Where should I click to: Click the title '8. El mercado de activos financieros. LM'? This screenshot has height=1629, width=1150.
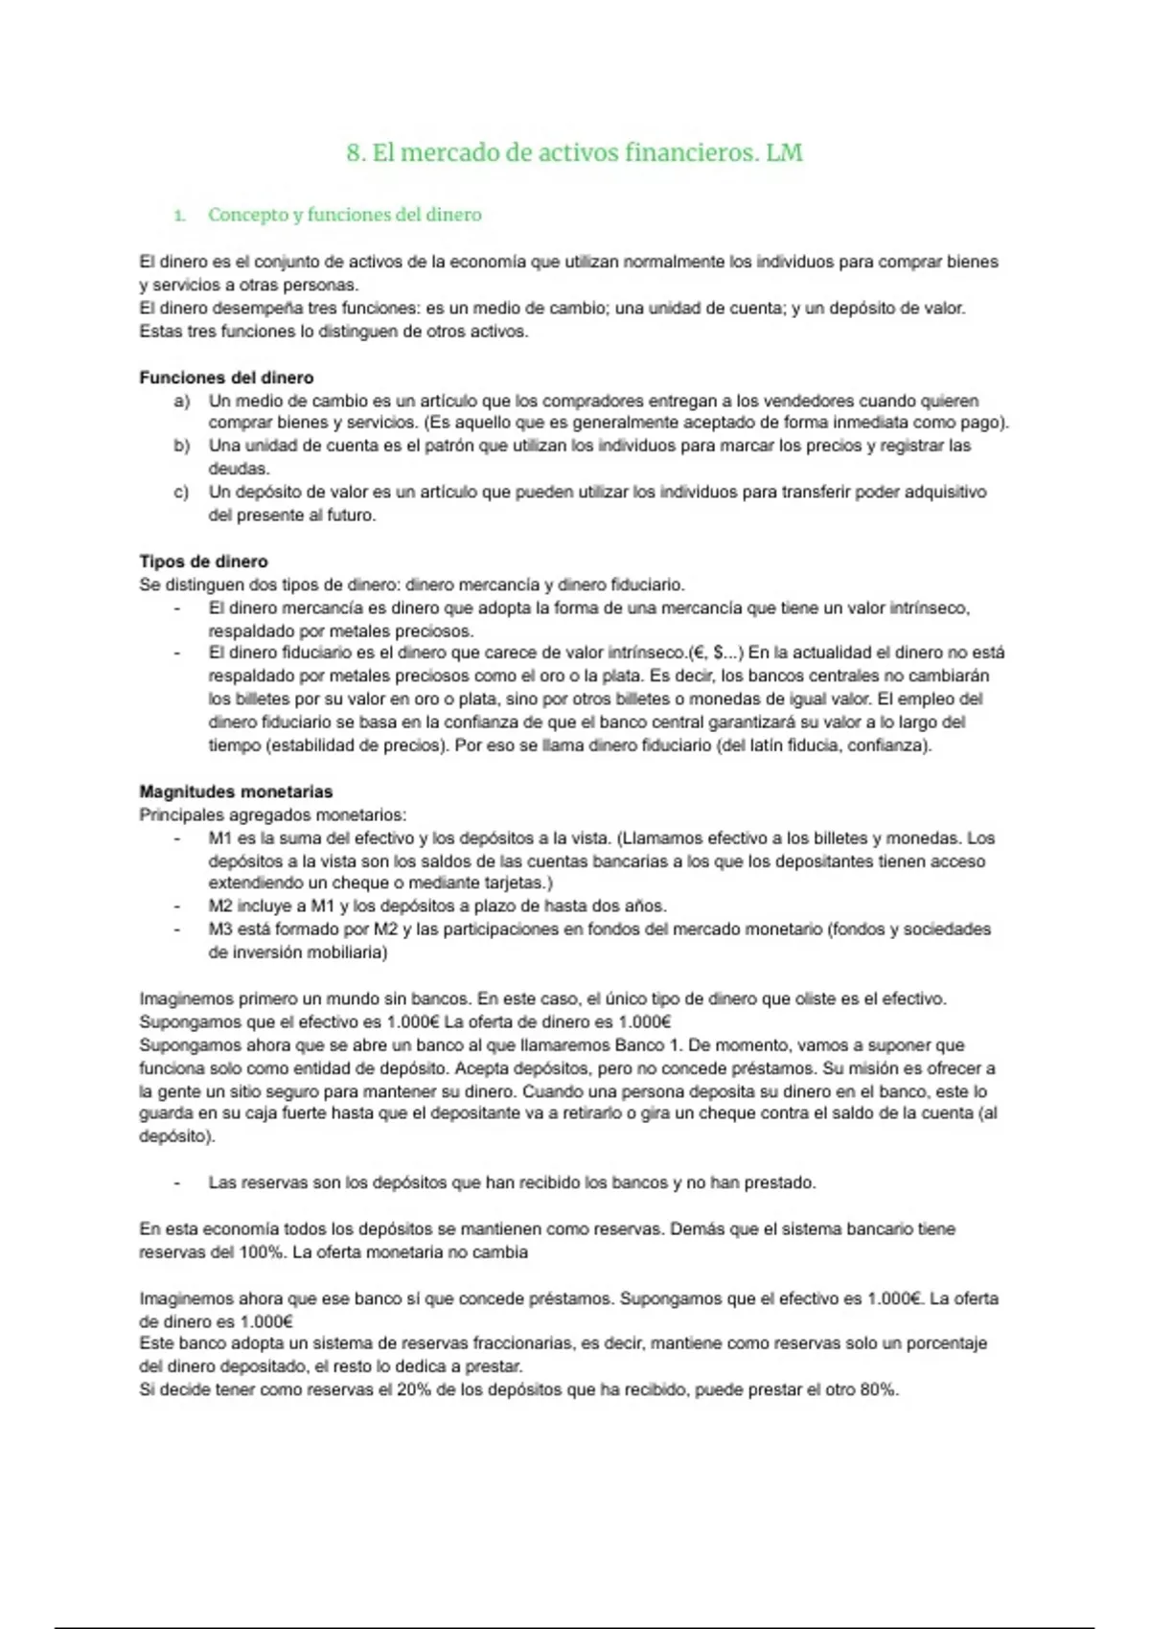click(x=574, y=153)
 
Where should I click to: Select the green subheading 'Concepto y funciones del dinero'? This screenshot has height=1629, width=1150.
click(x=344, y=215)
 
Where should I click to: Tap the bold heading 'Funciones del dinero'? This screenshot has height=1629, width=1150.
click(x=226, y=378)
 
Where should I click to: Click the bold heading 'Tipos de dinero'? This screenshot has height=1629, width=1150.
click(x=203, y=562)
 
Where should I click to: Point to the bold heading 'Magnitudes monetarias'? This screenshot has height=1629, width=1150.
click(x=236, y=792)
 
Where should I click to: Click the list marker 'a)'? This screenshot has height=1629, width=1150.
click(x=181, y=401)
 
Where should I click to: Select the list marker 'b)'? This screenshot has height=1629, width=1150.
click(x=181, y=447)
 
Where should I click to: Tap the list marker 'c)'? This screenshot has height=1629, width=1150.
click(x=181, y=493)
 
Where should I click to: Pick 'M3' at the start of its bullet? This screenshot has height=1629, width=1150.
click(x=220, y=929)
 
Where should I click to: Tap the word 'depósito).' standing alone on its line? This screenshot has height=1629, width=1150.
click(x=177, y=1136)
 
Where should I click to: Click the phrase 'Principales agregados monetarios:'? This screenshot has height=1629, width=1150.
click(x=272, y=815)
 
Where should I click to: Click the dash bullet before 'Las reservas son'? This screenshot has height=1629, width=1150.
click(x=177, y=1183)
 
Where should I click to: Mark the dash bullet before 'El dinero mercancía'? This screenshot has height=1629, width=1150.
click(x=177, y=608)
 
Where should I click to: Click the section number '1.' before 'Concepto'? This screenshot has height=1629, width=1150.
click(x=179, y=216)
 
